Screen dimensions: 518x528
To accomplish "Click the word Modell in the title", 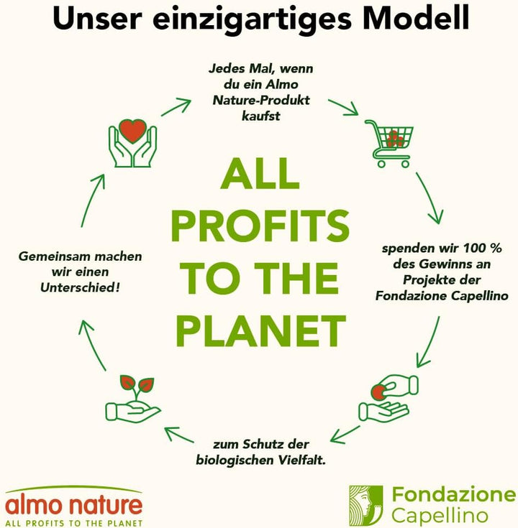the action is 416,18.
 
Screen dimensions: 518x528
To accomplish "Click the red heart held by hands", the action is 133,131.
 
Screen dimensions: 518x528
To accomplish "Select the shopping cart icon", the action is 388,144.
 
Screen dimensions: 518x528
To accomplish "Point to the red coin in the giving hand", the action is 378,392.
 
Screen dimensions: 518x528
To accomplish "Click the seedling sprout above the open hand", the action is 137,388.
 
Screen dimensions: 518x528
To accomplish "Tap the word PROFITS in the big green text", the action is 260,226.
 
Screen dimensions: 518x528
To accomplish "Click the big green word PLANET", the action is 260,330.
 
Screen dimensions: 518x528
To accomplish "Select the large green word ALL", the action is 260,174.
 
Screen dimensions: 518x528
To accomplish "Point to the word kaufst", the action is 261,116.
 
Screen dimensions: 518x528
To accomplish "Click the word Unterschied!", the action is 81,287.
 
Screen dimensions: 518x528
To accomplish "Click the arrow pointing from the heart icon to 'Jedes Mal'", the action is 176,107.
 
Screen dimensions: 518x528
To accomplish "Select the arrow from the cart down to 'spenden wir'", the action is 430,198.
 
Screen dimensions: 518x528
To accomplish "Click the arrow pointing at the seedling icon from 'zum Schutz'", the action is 178,435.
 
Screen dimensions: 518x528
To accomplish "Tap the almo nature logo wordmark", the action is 74,504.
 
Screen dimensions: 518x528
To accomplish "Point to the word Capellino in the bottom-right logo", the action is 440,516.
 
